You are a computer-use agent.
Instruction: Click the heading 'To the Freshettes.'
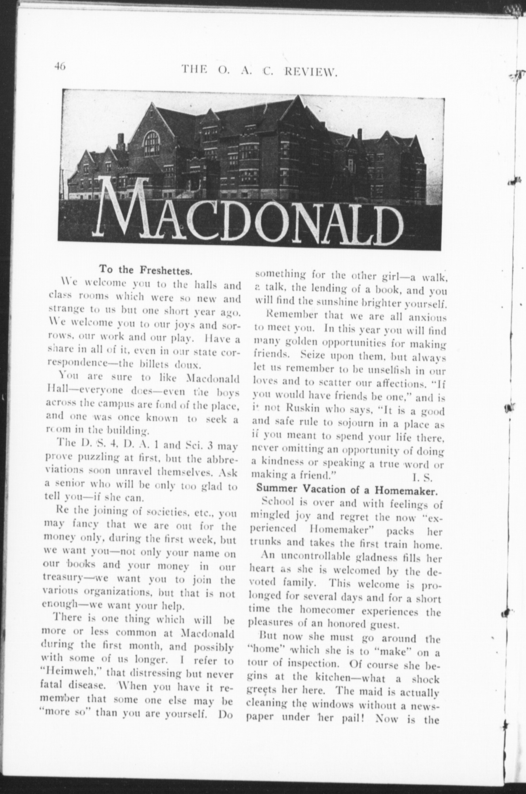[145, 270]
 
